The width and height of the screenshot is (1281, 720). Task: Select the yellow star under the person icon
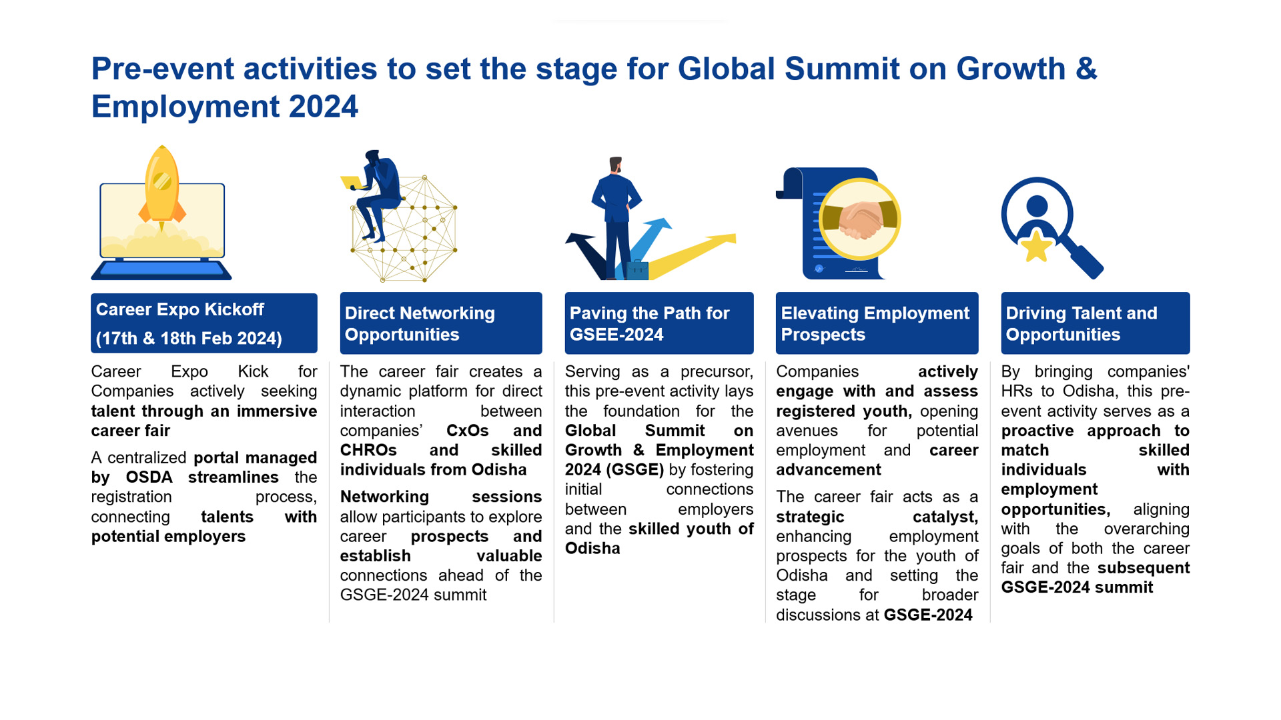(x=1037, y=247)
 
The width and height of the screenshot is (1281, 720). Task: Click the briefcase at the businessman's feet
(x=637, y=269)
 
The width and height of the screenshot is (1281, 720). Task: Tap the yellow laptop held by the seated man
(x=351, y=182)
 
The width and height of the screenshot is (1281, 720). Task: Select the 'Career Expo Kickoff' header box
(x=204, y=323)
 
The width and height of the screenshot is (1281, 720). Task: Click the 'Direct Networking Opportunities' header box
(x=441, y=323)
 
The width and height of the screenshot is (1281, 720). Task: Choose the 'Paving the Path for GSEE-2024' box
(x=659, y=323)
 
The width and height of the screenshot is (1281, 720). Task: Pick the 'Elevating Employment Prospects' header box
(x=877, y=323)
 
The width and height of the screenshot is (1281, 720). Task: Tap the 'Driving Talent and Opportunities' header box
(x=1096, y=323)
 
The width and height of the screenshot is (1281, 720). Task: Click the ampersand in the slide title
(x=1086, y=69)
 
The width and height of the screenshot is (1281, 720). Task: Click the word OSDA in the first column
(x=149, y=477)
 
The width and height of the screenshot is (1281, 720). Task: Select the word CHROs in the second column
(x=368, y=451)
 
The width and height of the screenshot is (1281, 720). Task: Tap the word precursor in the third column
(x=717, y=372)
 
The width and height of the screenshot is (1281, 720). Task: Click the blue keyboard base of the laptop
(x=161, y=269)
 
